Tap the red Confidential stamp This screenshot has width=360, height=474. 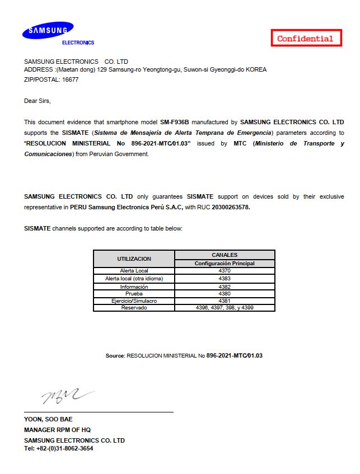305,38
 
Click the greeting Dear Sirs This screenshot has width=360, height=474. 37,101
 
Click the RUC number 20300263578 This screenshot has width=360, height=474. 231,207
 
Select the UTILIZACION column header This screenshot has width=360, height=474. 134,259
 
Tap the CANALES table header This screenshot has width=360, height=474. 225,255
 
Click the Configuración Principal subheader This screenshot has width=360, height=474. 225,263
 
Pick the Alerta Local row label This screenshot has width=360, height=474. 134,271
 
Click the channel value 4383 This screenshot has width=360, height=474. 225,278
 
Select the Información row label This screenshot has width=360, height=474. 134,287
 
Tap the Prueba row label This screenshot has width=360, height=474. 134,293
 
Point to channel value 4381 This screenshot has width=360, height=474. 225,301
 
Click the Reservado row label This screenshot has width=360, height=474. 134,308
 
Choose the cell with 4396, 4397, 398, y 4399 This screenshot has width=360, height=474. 225,308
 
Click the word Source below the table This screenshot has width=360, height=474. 115,356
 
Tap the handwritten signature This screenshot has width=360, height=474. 64,396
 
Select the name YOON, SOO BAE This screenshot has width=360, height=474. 48,419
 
